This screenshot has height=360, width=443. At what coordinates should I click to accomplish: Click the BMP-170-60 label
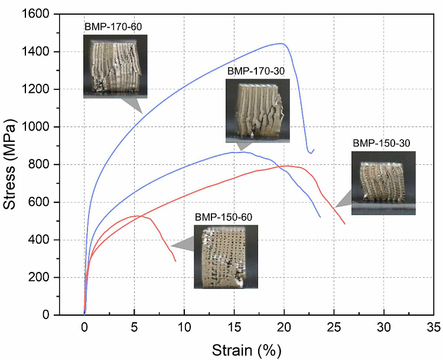click(113, 27)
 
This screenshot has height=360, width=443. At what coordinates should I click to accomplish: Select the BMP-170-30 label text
click(256, 71)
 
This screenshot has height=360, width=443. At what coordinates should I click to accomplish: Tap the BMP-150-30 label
click(381, 143)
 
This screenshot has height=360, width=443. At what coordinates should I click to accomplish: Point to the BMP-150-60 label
click(223, 217)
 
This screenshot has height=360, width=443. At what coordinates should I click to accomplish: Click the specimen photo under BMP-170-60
click(115, 66)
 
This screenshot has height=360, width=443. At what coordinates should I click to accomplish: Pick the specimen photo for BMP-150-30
click(383, 183)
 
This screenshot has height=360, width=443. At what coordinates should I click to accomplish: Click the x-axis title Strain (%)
click(245, 350)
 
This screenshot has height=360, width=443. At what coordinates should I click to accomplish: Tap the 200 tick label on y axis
click(41, 277)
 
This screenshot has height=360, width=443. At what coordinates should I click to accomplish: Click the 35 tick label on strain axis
click(434, 326)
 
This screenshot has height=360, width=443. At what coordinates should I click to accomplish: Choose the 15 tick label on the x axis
click(234, 326)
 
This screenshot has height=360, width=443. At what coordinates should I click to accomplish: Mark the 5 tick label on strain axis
click(134, 326)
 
